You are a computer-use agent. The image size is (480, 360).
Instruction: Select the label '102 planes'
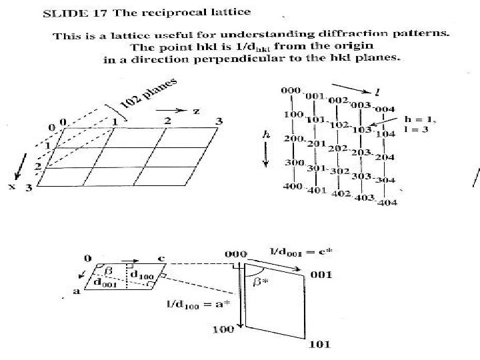click(150, 93)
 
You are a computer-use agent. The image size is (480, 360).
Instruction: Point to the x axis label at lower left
click(12, 187)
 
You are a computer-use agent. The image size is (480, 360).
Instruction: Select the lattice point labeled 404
click(387, 202)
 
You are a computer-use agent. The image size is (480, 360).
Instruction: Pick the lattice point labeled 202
click(339, 148)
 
